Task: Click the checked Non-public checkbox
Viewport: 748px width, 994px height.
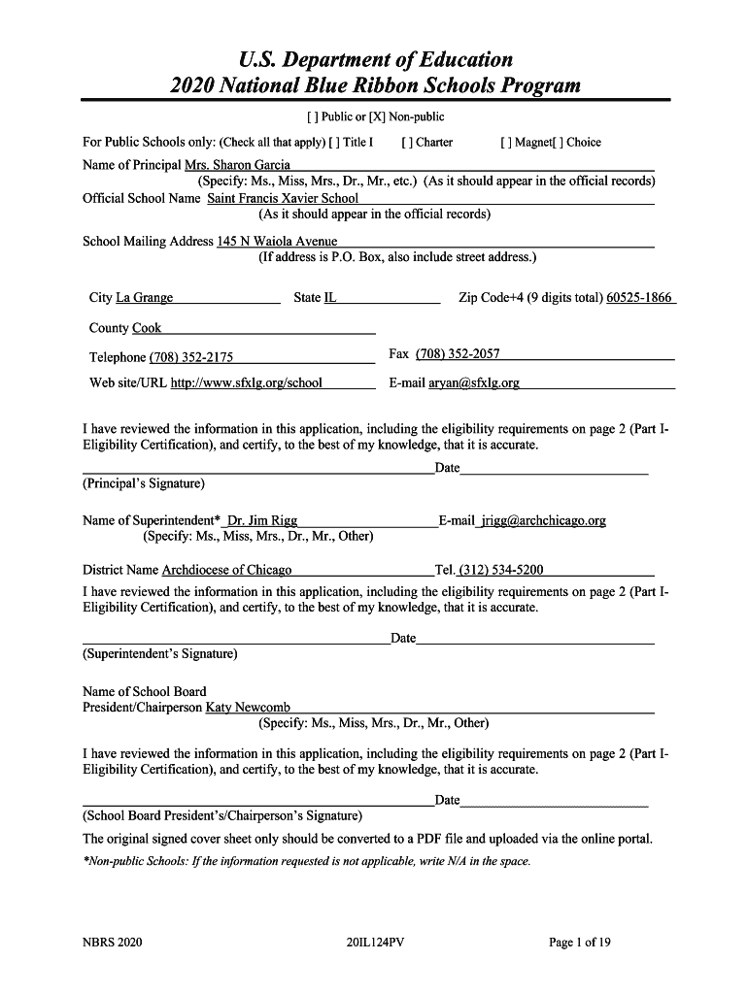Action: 375,117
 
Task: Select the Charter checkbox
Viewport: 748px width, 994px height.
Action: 406,143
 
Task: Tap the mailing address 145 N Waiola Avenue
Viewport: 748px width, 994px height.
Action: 277,242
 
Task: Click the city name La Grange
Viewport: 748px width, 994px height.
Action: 145,298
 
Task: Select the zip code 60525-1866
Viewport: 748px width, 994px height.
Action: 638,298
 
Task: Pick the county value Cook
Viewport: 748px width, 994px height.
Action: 147,329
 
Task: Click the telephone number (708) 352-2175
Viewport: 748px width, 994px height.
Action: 191,357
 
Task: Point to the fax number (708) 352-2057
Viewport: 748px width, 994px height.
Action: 458,354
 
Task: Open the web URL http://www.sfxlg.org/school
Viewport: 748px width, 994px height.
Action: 247,383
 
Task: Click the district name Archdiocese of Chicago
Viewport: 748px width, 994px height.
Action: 226,571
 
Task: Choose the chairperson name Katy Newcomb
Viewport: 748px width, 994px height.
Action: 248,708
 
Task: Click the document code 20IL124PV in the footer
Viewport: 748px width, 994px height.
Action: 373,943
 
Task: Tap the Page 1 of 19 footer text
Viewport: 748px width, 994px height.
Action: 579,943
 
